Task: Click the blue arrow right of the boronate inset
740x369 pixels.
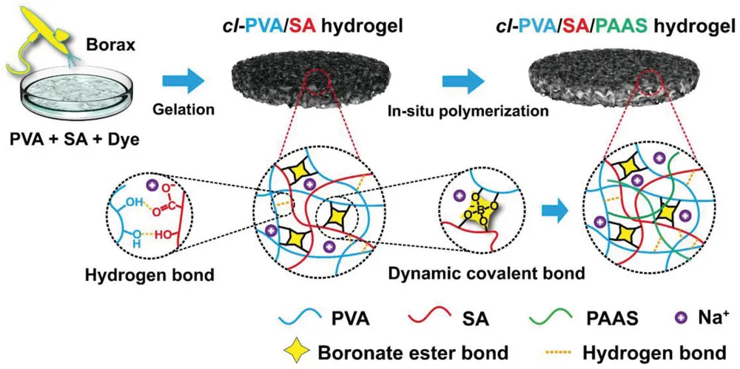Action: pyautogui.click(x=554, y=213)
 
